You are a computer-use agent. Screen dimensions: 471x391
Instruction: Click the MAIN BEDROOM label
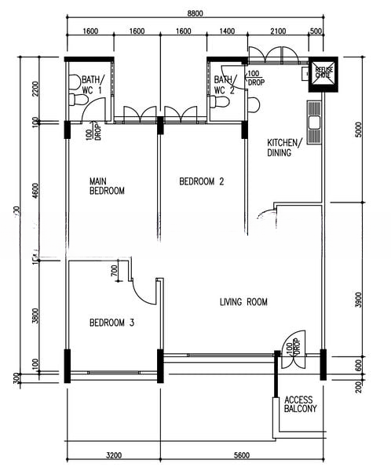pyautogui.click(x=107, y=186)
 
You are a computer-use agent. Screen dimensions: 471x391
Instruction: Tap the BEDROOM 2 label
pyautogui.click(x=202, y=181)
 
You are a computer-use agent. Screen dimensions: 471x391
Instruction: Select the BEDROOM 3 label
pyautogui.click(x=111, y=322)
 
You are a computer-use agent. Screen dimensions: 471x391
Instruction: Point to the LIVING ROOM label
pyautogui.click(x=243, y=301)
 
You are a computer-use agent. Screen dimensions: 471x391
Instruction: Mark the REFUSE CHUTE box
pyautogui.click(x=323, y=71)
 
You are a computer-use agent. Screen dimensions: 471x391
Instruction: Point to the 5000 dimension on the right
pyautogui.click(x=359, y=129)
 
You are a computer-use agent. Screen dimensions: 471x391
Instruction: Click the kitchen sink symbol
pyautogui.click(x=314, y=122)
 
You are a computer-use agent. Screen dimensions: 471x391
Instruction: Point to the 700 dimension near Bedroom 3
pyautogui.click(x=115, y=272)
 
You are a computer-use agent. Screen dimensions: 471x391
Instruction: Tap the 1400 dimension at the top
pyautogui.click(x=228, y=31)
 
